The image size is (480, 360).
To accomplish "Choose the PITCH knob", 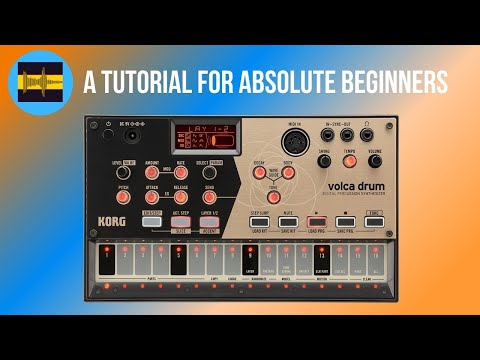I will pos(123,191).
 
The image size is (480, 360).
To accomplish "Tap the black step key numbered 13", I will pos(321,260).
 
